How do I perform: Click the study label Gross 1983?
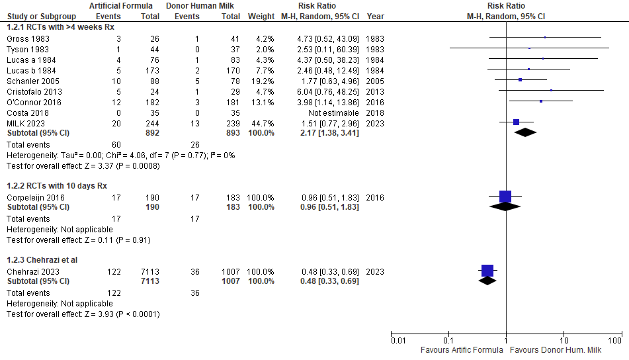[21, 38]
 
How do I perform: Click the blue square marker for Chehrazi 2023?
[487, 270]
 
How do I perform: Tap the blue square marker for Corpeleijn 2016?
[505, 196]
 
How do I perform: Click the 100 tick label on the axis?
[615, 340]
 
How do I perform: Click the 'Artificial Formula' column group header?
[122, 5]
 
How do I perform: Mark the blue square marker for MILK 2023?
[517, 122]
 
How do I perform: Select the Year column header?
[375, 15]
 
